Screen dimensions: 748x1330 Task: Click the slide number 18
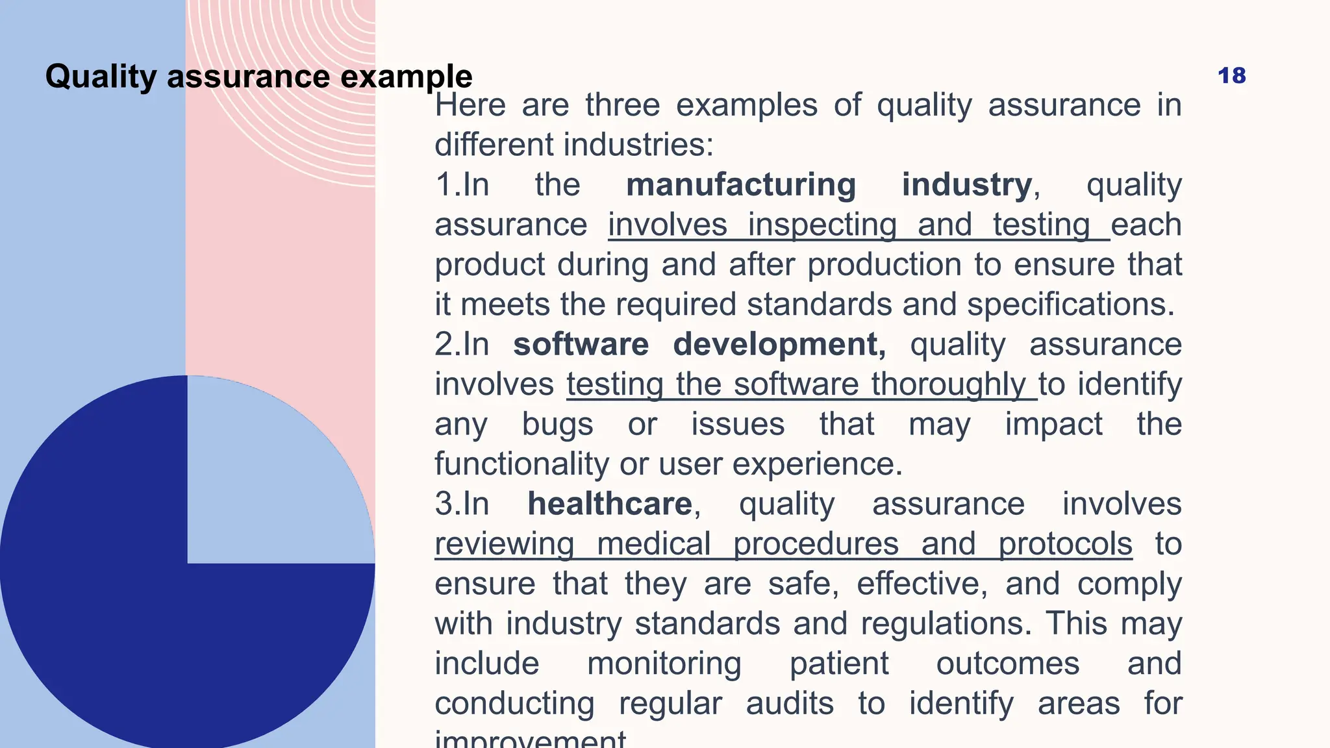coord(1231,76)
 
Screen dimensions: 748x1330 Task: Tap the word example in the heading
coord(406,77)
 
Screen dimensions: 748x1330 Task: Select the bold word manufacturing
coord(740,185)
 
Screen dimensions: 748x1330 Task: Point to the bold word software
coord(581,344)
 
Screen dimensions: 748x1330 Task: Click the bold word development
coord(778,344)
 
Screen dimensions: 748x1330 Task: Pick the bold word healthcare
coord(609,504)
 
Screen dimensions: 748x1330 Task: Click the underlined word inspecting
coord(822,225)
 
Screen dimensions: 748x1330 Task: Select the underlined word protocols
coord(1065,544)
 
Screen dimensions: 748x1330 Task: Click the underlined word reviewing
coord(504,544)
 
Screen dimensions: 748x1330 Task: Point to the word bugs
coord(557,425)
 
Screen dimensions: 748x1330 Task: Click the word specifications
coord(1070,305)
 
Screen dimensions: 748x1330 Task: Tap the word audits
coord(789,704)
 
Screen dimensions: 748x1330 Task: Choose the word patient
coord(839,664)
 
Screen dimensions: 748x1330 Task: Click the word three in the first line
coord(622,105)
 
